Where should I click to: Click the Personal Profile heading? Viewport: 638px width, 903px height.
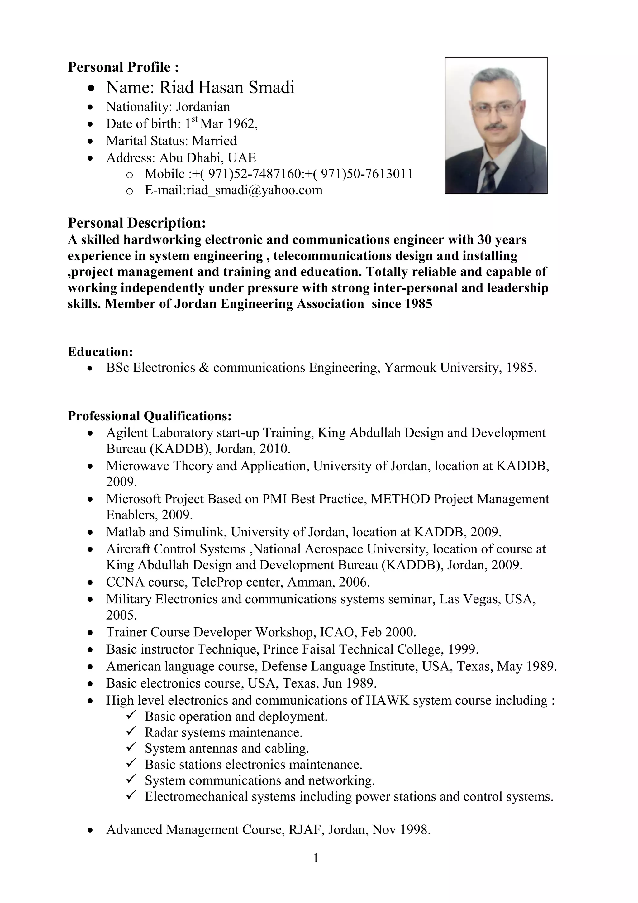point(123,67)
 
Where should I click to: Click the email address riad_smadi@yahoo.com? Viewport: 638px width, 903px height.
point(254,190)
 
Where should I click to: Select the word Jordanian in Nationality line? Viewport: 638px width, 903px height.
point(203,107)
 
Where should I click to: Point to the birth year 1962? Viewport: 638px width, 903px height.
point(242,124)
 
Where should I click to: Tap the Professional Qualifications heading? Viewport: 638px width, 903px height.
point(149,416)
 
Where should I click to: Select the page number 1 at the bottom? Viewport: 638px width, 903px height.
point(316,858)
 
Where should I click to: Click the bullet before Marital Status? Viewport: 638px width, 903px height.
point(91,141)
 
